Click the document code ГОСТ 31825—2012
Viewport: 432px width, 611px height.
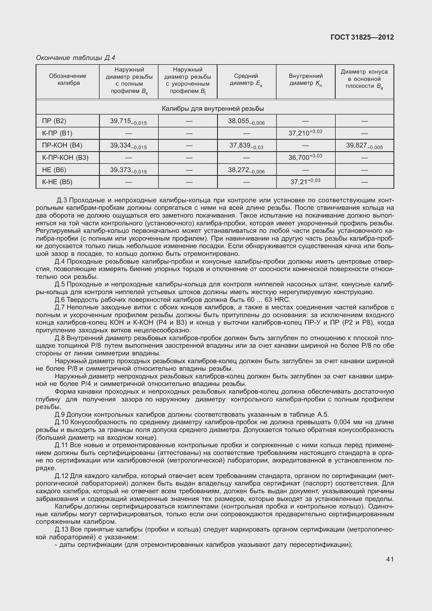(x=362, y=37)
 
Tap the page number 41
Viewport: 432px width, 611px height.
(x=390, y=559)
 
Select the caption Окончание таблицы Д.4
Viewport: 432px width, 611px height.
(x=75, y=58)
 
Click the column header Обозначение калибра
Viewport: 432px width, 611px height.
(x=67, y=79)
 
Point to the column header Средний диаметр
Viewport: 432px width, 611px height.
(x=246, y=79)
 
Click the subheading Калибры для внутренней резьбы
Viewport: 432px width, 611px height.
(x=213, y=109)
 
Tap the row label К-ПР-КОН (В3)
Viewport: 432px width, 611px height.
(x=65, y=158)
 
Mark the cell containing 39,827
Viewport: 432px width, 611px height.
(x=364, y=146)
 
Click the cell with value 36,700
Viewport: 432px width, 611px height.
(x=305, y=157)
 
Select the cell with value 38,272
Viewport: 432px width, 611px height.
(x=246, y=170)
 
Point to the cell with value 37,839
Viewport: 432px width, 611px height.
(x=246, y=146)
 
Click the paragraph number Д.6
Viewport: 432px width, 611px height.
(x=60, y=299)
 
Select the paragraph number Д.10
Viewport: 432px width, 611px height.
(x=61, y=422)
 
